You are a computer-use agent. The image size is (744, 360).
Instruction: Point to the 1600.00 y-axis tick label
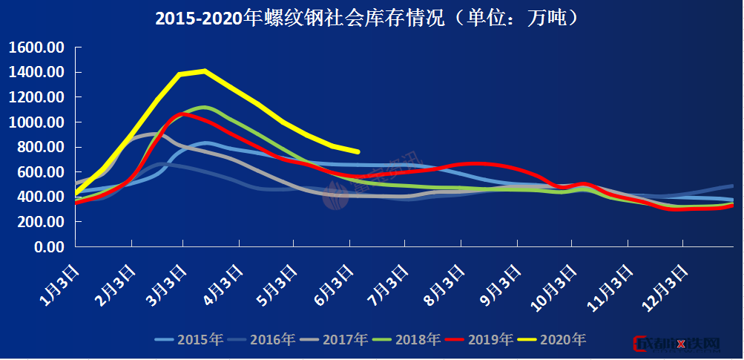point(36,48)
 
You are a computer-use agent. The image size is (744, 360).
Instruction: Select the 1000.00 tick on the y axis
point(36,122)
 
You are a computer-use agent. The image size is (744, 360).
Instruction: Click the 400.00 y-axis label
point(40,197)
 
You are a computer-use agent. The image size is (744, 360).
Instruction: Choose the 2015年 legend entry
point(188,340)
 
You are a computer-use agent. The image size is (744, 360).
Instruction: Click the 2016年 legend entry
point(261,340)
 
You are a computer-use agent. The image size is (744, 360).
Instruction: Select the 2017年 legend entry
point(334,340)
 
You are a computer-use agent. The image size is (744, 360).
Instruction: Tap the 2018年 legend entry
point(406,340)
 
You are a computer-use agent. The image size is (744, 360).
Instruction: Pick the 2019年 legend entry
point(478,340)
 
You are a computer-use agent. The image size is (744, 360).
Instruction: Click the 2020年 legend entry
point(551,340)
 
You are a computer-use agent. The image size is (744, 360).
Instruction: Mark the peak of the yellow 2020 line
point(204,71)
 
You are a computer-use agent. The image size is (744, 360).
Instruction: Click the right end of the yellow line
point(358,151)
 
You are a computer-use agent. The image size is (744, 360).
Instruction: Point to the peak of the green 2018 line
point(204,107)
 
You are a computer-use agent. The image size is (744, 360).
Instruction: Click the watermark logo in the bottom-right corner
point(677,344)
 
